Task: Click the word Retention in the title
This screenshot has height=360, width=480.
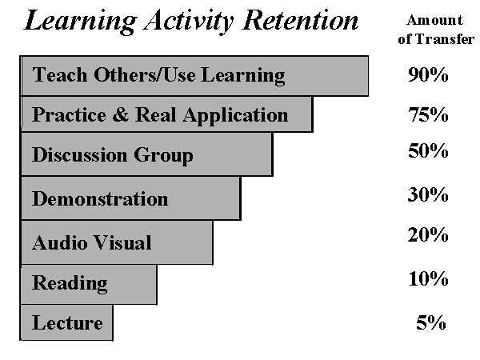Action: [x=300, y=20]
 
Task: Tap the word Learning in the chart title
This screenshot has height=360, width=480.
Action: [x=80, y=22]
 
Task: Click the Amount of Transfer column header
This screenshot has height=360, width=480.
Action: [x=436, y=30]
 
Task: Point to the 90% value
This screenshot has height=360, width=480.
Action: [x=428, y=74]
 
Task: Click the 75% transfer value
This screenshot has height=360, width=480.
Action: [x=428, y=114]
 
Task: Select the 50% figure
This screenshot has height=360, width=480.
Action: [x=428, y=150]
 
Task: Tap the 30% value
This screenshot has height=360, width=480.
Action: [x=428, y=194]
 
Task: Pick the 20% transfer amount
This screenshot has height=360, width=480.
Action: [x=428, y=234]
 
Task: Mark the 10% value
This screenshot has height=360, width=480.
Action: [x=428, y=279]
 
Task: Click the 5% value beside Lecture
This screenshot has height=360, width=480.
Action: [x=430, y=322]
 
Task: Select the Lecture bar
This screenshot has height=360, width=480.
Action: [x=66, y=322]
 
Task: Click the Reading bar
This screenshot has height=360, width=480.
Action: [x=89, y=284]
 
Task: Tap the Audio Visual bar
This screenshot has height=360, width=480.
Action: [x=117, y=242]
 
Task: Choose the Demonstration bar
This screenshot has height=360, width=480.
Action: [x=130, y=198]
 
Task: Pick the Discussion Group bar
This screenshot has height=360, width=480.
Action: [x=146, y=154]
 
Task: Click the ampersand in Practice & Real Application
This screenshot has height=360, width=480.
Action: [x=120, y=114]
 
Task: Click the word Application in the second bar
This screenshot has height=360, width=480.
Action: [x=235, y=116]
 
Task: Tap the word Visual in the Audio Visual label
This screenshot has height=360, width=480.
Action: [x=122, y=242]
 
